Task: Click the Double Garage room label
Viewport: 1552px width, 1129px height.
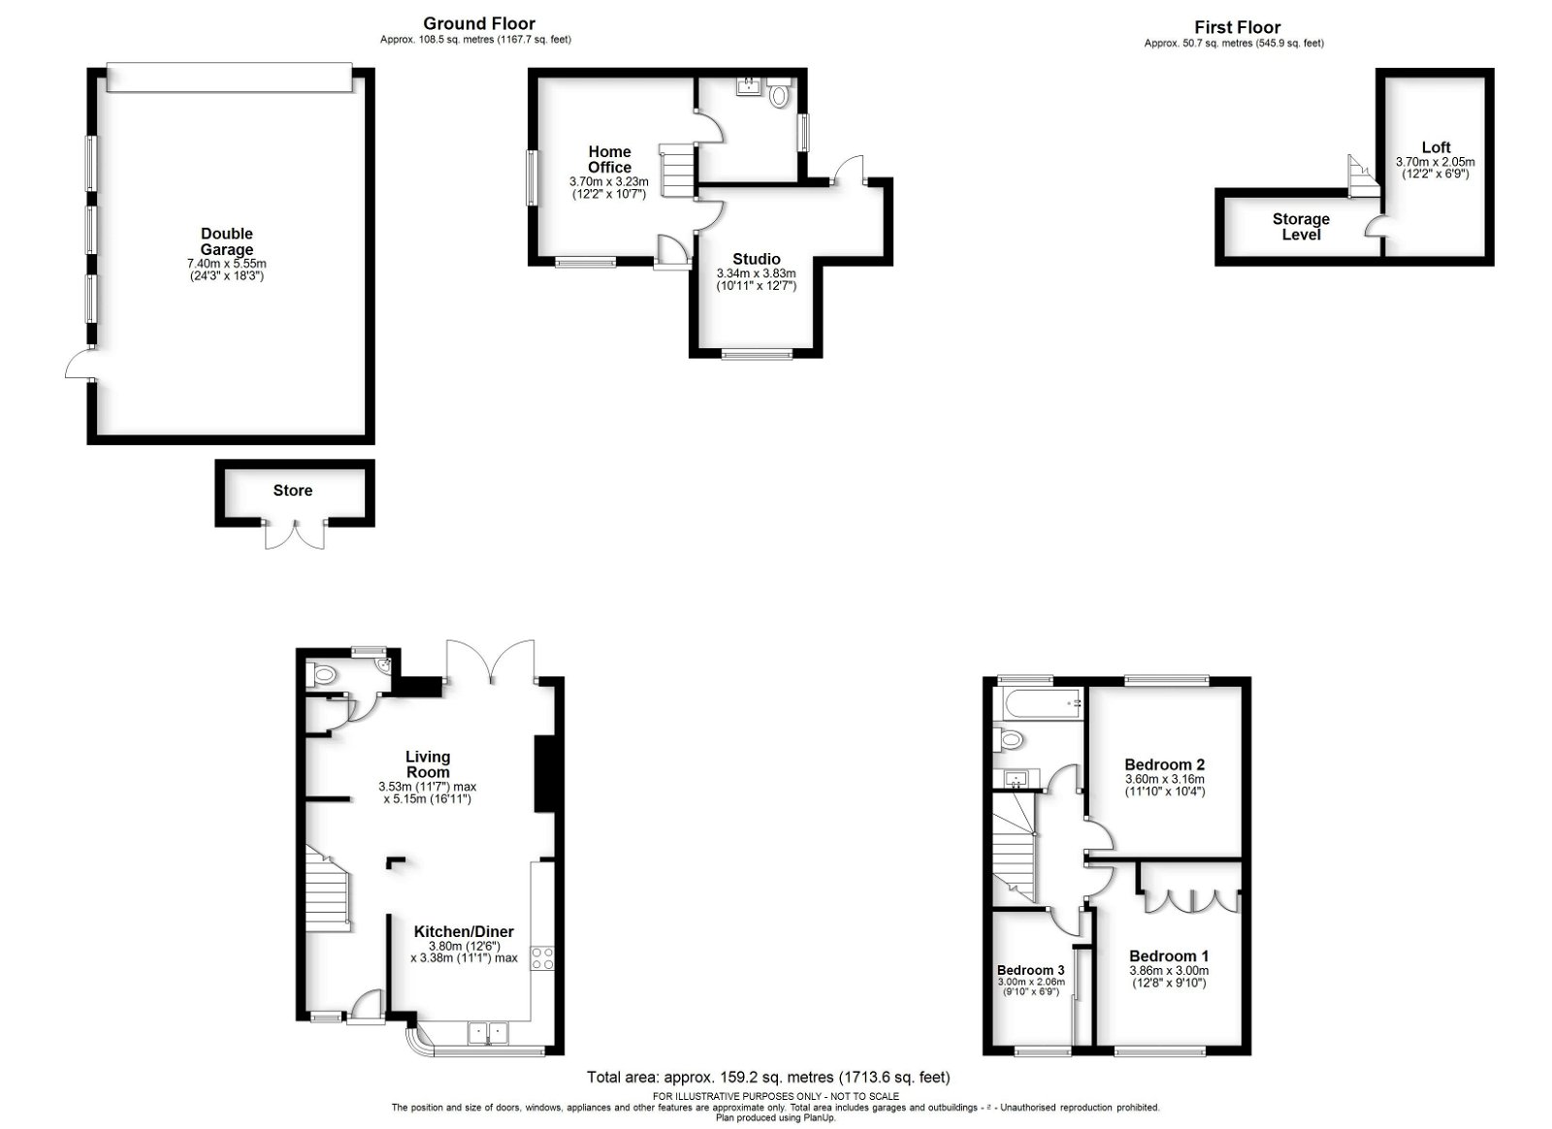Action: [x=227, y=242]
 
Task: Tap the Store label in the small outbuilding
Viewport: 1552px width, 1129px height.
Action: [x=292, y=491]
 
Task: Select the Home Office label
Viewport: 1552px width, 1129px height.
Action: [x=610, y=159]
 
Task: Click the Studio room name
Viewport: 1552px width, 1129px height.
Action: [x=757, y=259]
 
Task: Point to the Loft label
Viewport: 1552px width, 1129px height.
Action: [x=1437, y=147]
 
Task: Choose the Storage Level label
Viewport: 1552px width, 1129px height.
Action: [x=1301, y=227]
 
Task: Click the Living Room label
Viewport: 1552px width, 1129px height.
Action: [x=428, y=764]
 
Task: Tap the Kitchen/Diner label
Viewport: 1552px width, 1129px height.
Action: [x=465, y=931]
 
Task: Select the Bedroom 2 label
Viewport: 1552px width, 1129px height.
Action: [x=1165, y=764]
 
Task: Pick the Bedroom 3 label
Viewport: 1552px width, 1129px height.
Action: [x=1031, y=970]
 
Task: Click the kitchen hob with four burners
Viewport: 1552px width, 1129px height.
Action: [x=542, y=958]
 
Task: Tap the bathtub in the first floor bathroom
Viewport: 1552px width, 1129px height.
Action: [x=1038, y=704]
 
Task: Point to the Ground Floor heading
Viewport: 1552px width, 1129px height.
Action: [x=479, y=24]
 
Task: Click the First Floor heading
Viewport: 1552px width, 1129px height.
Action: [x=1238, y=28]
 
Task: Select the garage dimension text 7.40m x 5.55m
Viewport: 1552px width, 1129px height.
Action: [x=227, y=264]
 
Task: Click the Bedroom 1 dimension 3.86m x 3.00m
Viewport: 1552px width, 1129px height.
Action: [x=1169, y=970]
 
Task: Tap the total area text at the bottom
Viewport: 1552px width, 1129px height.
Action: [x=768, y=1077]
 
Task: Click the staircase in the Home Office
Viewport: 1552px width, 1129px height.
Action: [x=676, y=170]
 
